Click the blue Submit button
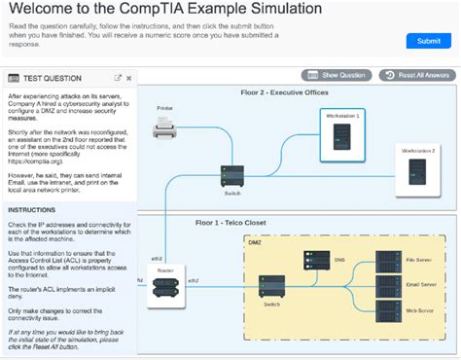pos(428,41)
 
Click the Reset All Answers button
pos(417,75)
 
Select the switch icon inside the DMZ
pos(270,286)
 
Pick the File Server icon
pos(389,261)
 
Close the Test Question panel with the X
pos(128,78)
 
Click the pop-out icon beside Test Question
pos(118,78)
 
